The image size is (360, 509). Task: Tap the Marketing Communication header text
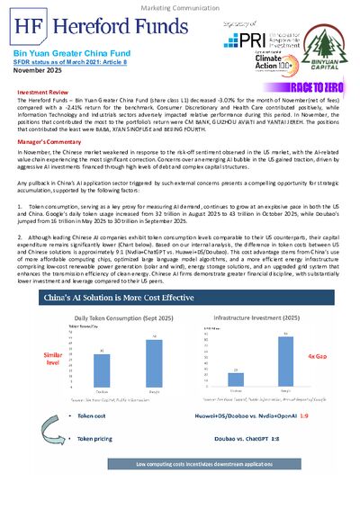click(179, 8)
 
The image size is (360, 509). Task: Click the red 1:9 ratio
click(329, 417)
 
